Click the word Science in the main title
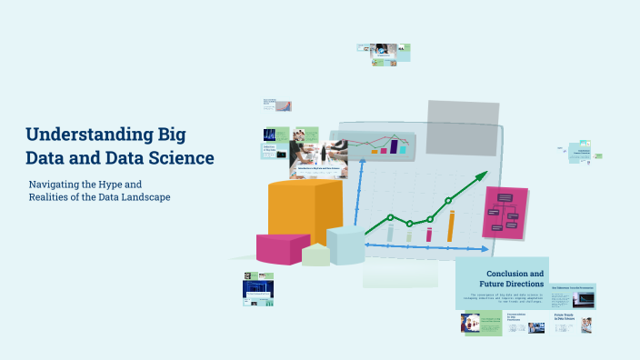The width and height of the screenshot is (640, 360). point(182,158)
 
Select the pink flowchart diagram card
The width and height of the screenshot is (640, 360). point(505,214)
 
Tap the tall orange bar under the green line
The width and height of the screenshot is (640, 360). point(451,226)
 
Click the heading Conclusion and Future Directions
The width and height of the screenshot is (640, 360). point(514,278)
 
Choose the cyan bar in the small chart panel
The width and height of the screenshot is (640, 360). point(403,148)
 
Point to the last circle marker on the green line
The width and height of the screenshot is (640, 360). point(448,200)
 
